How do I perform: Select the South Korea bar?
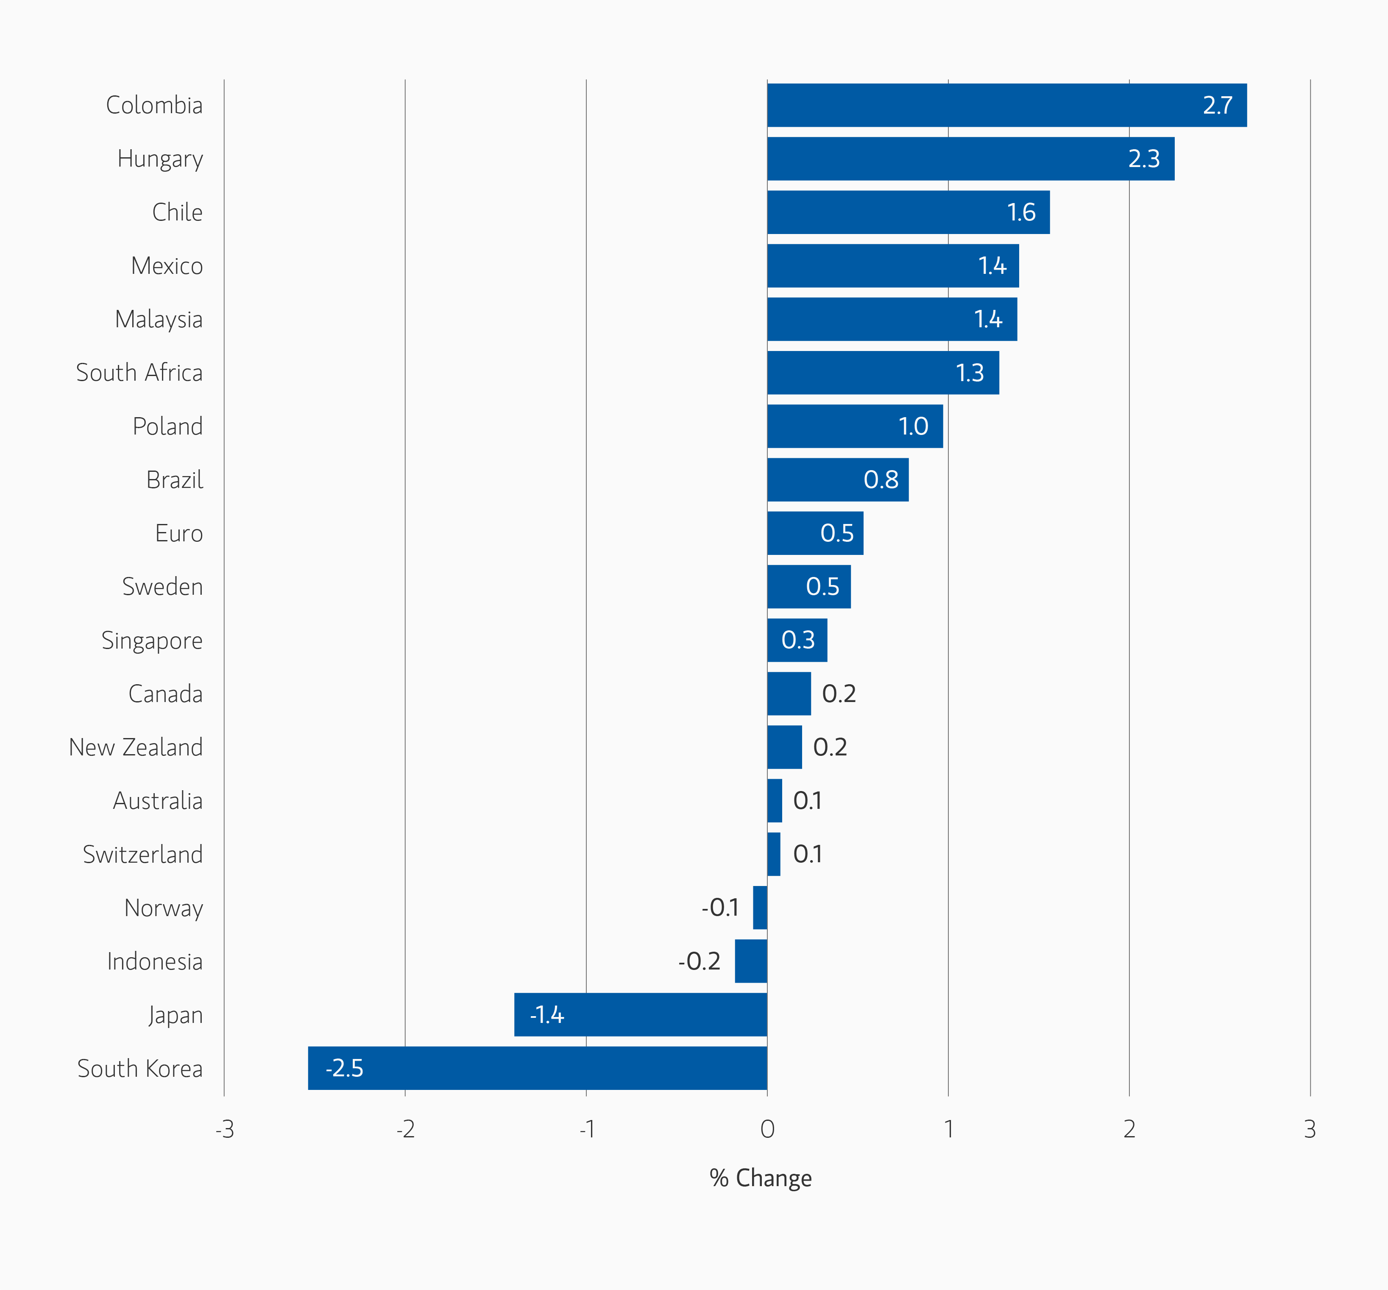tap(538, 1068)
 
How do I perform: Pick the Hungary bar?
tap(970, 159)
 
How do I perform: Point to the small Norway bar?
tap(760, 908)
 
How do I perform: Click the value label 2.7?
tap(1217, 106)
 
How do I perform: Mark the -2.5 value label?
tap(344, 1068)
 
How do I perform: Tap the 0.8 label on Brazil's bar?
tap(881, 479)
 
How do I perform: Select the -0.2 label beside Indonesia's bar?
tap(699, 961)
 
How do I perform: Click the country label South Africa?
tap(139, 373)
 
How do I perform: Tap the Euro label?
tap(179, 533)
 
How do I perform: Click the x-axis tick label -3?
tap(224, 1129)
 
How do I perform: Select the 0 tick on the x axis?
tap(767, 1129)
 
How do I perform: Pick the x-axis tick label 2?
tap(1129, 1129)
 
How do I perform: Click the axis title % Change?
tap(760, 1179)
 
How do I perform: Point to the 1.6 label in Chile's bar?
tap(1021, 212)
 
